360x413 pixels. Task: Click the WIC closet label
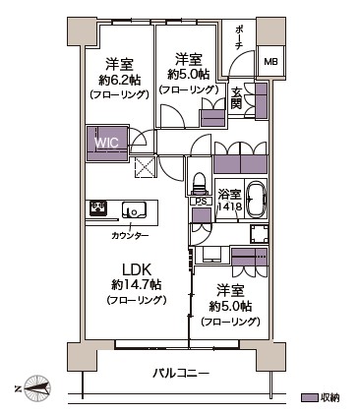click(106, 143)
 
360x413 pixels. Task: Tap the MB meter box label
click(270, 62)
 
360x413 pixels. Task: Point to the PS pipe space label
click(201, 202)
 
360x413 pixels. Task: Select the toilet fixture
click(200, 184)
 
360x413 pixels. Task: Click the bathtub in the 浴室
click(256, 200)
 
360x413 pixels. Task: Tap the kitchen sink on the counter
click(134, 209)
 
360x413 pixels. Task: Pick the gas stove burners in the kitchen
click(98, 208)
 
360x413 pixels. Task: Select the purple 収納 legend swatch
click(310, 397)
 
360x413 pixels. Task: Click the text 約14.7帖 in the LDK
click(136, 285)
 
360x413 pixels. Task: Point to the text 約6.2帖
click(119, 80)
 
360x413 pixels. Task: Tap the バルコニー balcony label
click(181, 374)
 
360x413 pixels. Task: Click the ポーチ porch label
click(238, 37)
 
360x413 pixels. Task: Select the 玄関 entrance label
click(236, 98)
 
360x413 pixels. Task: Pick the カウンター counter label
click(130, 235)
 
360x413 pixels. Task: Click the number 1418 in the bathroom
click(230, 207)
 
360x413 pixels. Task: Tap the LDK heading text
click(137, 269)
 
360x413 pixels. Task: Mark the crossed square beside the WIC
click(146, 167)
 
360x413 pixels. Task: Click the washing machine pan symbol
click(260, 234)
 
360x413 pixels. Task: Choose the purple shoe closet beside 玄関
click(262, 100)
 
